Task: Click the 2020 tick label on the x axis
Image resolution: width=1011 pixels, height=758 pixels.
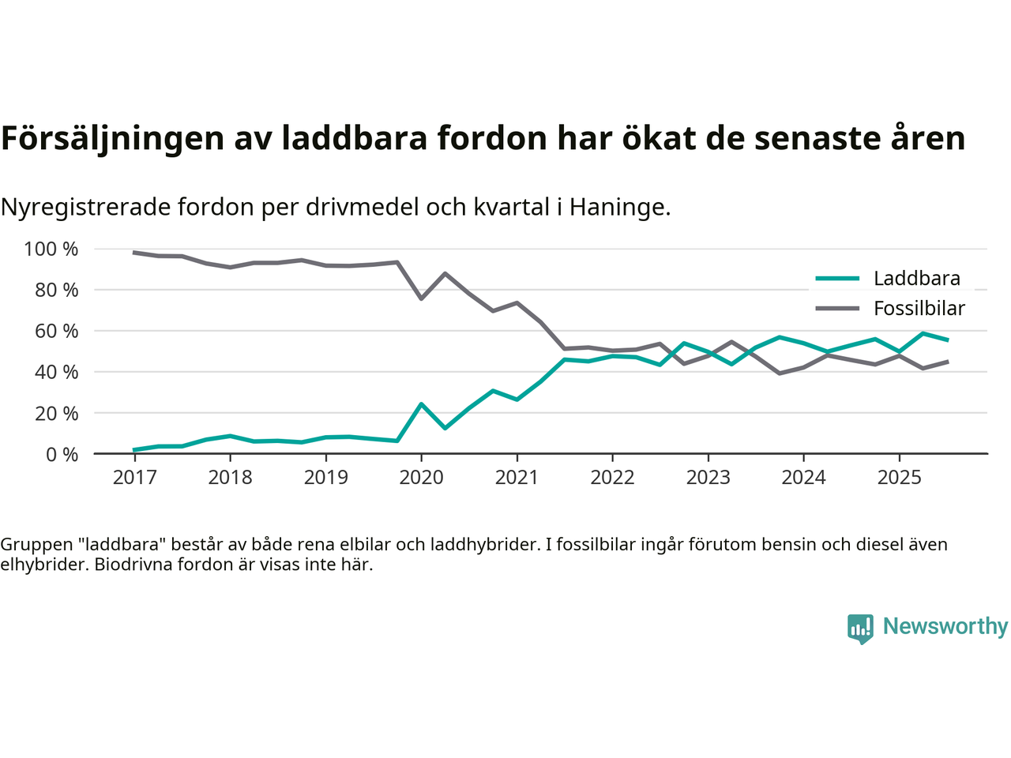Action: [421, 478]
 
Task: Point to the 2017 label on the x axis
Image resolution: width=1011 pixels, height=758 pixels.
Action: [134, 478]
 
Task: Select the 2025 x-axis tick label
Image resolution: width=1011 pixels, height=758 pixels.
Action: [899, 478]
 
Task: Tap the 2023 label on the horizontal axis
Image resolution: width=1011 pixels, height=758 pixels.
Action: [708, 478]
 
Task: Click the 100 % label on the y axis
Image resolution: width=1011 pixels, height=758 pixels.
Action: [51, 250]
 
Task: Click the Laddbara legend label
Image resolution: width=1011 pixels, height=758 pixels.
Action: [916, 278]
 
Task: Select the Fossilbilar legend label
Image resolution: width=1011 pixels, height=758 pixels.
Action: [919, 308]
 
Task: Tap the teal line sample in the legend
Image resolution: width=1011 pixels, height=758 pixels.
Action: [837, 278]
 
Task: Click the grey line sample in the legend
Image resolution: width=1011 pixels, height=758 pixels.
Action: [837, 308]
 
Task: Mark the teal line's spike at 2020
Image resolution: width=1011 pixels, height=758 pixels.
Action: [421, 404]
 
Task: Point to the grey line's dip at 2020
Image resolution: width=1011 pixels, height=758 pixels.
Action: [421, 298]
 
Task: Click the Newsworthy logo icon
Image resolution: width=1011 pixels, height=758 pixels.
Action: [860, 629]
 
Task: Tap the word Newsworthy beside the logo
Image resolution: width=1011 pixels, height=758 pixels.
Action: [945, 626]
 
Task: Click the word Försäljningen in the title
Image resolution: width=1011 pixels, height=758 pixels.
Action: [113, 138]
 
